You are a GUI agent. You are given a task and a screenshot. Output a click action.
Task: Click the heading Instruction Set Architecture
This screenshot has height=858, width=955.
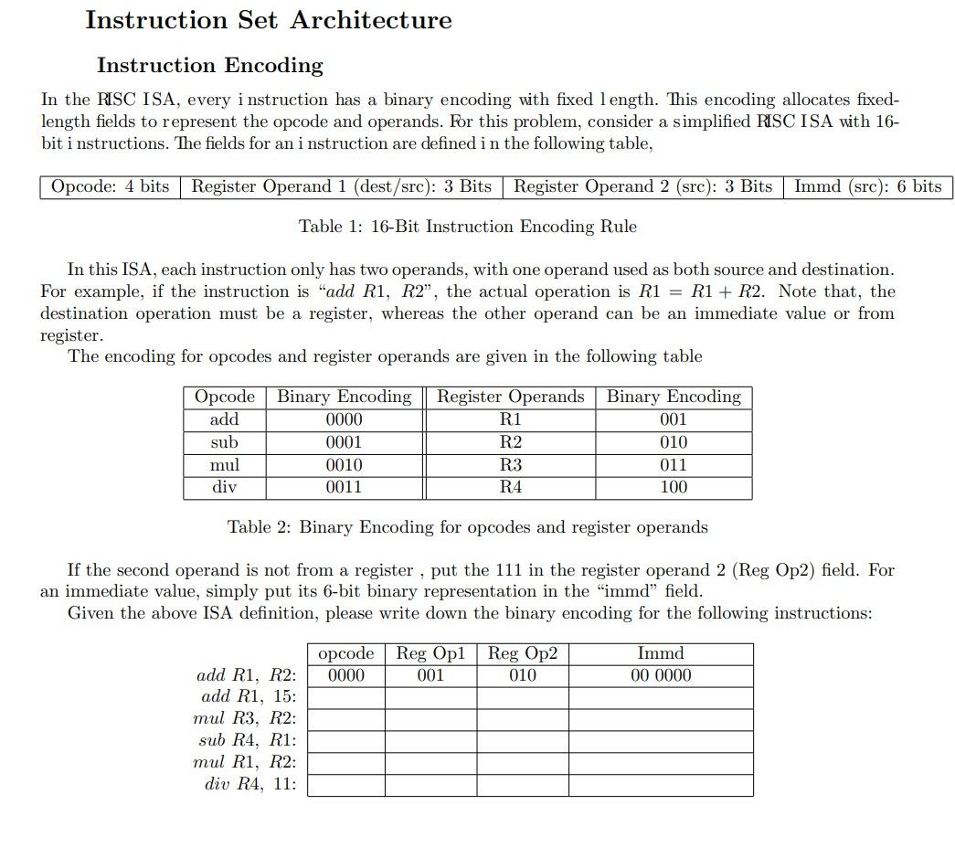[268, 20]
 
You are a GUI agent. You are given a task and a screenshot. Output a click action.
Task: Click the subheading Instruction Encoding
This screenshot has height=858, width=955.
[210, 65]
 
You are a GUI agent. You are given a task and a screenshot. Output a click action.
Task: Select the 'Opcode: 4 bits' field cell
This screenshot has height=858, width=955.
[110, 186]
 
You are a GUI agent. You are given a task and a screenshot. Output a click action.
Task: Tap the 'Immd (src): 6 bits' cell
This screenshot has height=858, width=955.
[867, 186]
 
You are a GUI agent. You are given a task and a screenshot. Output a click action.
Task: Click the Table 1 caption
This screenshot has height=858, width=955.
[467, 226]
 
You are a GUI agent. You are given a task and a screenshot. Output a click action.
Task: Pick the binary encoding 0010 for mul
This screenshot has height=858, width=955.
[344, 464]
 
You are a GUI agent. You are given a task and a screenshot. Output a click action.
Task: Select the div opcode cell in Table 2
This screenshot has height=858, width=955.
[224, 487]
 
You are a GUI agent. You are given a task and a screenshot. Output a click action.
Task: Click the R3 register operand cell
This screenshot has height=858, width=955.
[510, 464]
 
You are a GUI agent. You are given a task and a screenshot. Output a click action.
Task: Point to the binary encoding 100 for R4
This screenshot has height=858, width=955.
[673, 487]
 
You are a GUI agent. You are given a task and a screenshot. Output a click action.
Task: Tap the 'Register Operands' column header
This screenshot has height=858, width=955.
[510, 397]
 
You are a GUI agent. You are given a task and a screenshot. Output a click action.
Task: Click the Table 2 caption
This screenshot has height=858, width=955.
[467, 527]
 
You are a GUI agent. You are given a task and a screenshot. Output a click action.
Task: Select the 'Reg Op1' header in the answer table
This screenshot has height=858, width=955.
[430, 653]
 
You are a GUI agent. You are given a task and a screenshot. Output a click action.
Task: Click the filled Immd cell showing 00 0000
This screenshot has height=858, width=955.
[660, 675]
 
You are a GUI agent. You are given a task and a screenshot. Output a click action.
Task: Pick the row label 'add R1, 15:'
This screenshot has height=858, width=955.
[248, 696]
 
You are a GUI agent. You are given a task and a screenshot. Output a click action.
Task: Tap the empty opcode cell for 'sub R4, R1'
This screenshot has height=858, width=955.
[345, 741]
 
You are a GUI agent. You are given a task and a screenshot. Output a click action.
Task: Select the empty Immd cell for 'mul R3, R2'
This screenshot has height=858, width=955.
[660, 719]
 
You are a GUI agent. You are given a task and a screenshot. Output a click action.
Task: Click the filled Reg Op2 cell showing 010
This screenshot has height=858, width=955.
[522, 675]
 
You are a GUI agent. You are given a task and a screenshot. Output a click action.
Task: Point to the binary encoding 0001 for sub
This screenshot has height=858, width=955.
[344, 442]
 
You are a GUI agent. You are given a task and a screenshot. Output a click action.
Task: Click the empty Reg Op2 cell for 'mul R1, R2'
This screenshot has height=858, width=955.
[522, 763]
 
